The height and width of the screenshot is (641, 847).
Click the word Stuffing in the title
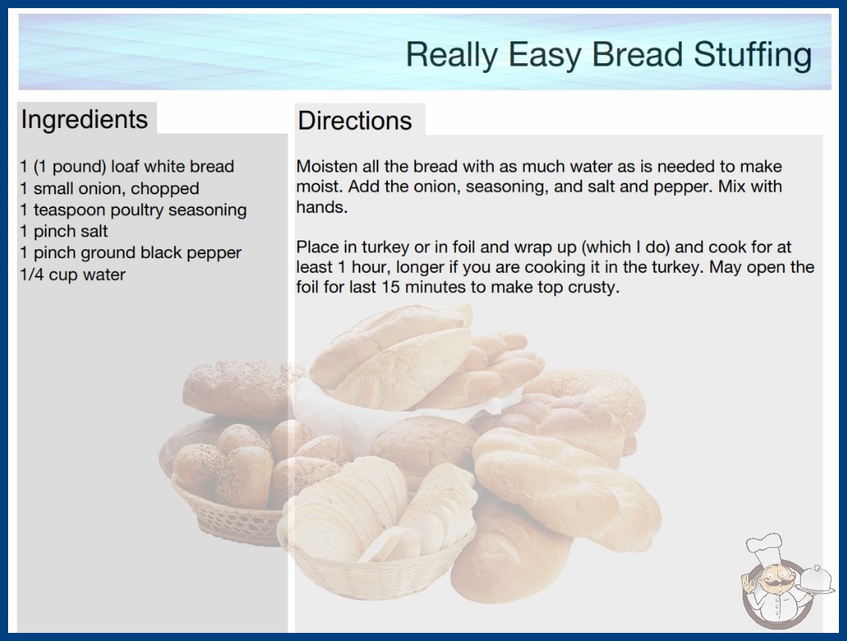coord(752,55)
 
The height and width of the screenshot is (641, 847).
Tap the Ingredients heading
coord(84,120)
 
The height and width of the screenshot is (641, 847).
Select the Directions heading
coord(355,121)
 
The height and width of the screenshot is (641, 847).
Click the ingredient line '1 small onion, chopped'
coord(109,189)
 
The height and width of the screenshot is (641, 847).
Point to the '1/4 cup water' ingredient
coord(72,274)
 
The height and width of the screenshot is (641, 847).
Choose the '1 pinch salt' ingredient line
coord(64,231)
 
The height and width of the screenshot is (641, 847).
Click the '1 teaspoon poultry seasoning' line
coord(134,210)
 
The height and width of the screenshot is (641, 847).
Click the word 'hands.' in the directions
coord(322,207)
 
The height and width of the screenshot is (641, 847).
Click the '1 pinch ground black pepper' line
coord(130,253)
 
